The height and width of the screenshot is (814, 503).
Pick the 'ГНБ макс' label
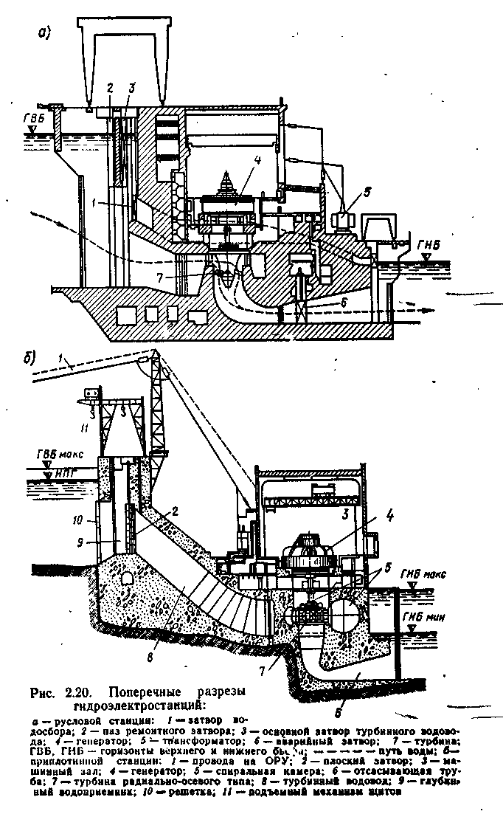[423, 572]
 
